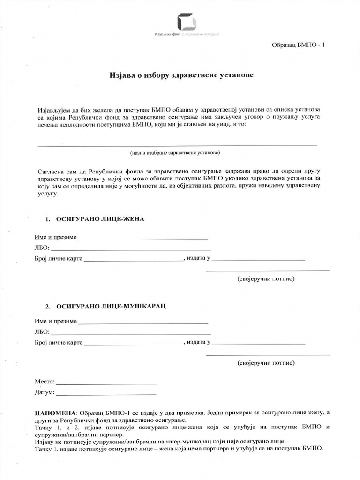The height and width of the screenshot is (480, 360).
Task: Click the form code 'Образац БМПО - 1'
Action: point(298,45)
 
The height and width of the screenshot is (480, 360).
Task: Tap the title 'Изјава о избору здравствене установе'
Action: point(181,75)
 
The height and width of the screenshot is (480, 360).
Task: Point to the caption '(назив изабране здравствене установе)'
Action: point(175,153)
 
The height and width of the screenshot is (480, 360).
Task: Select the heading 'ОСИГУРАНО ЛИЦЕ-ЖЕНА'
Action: point(100,219)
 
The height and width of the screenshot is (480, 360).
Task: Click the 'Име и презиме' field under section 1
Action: point(143,238)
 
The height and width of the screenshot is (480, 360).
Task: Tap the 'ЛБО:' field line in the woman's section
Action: point(131,248)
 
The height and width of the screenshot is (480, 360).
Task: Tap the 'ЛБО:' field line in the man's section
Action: point(131,333)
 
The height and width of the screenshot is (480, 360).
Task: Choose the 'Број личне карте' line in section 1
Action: point(133,259)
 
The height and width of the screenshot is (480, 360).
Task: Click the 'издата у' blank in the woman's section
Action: point(258,259)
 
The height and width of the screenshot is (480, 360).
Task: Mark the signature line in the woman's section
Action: point(268,270)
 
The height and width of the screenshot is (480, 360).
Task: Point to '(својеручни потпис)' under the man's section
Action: point(266,363)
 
